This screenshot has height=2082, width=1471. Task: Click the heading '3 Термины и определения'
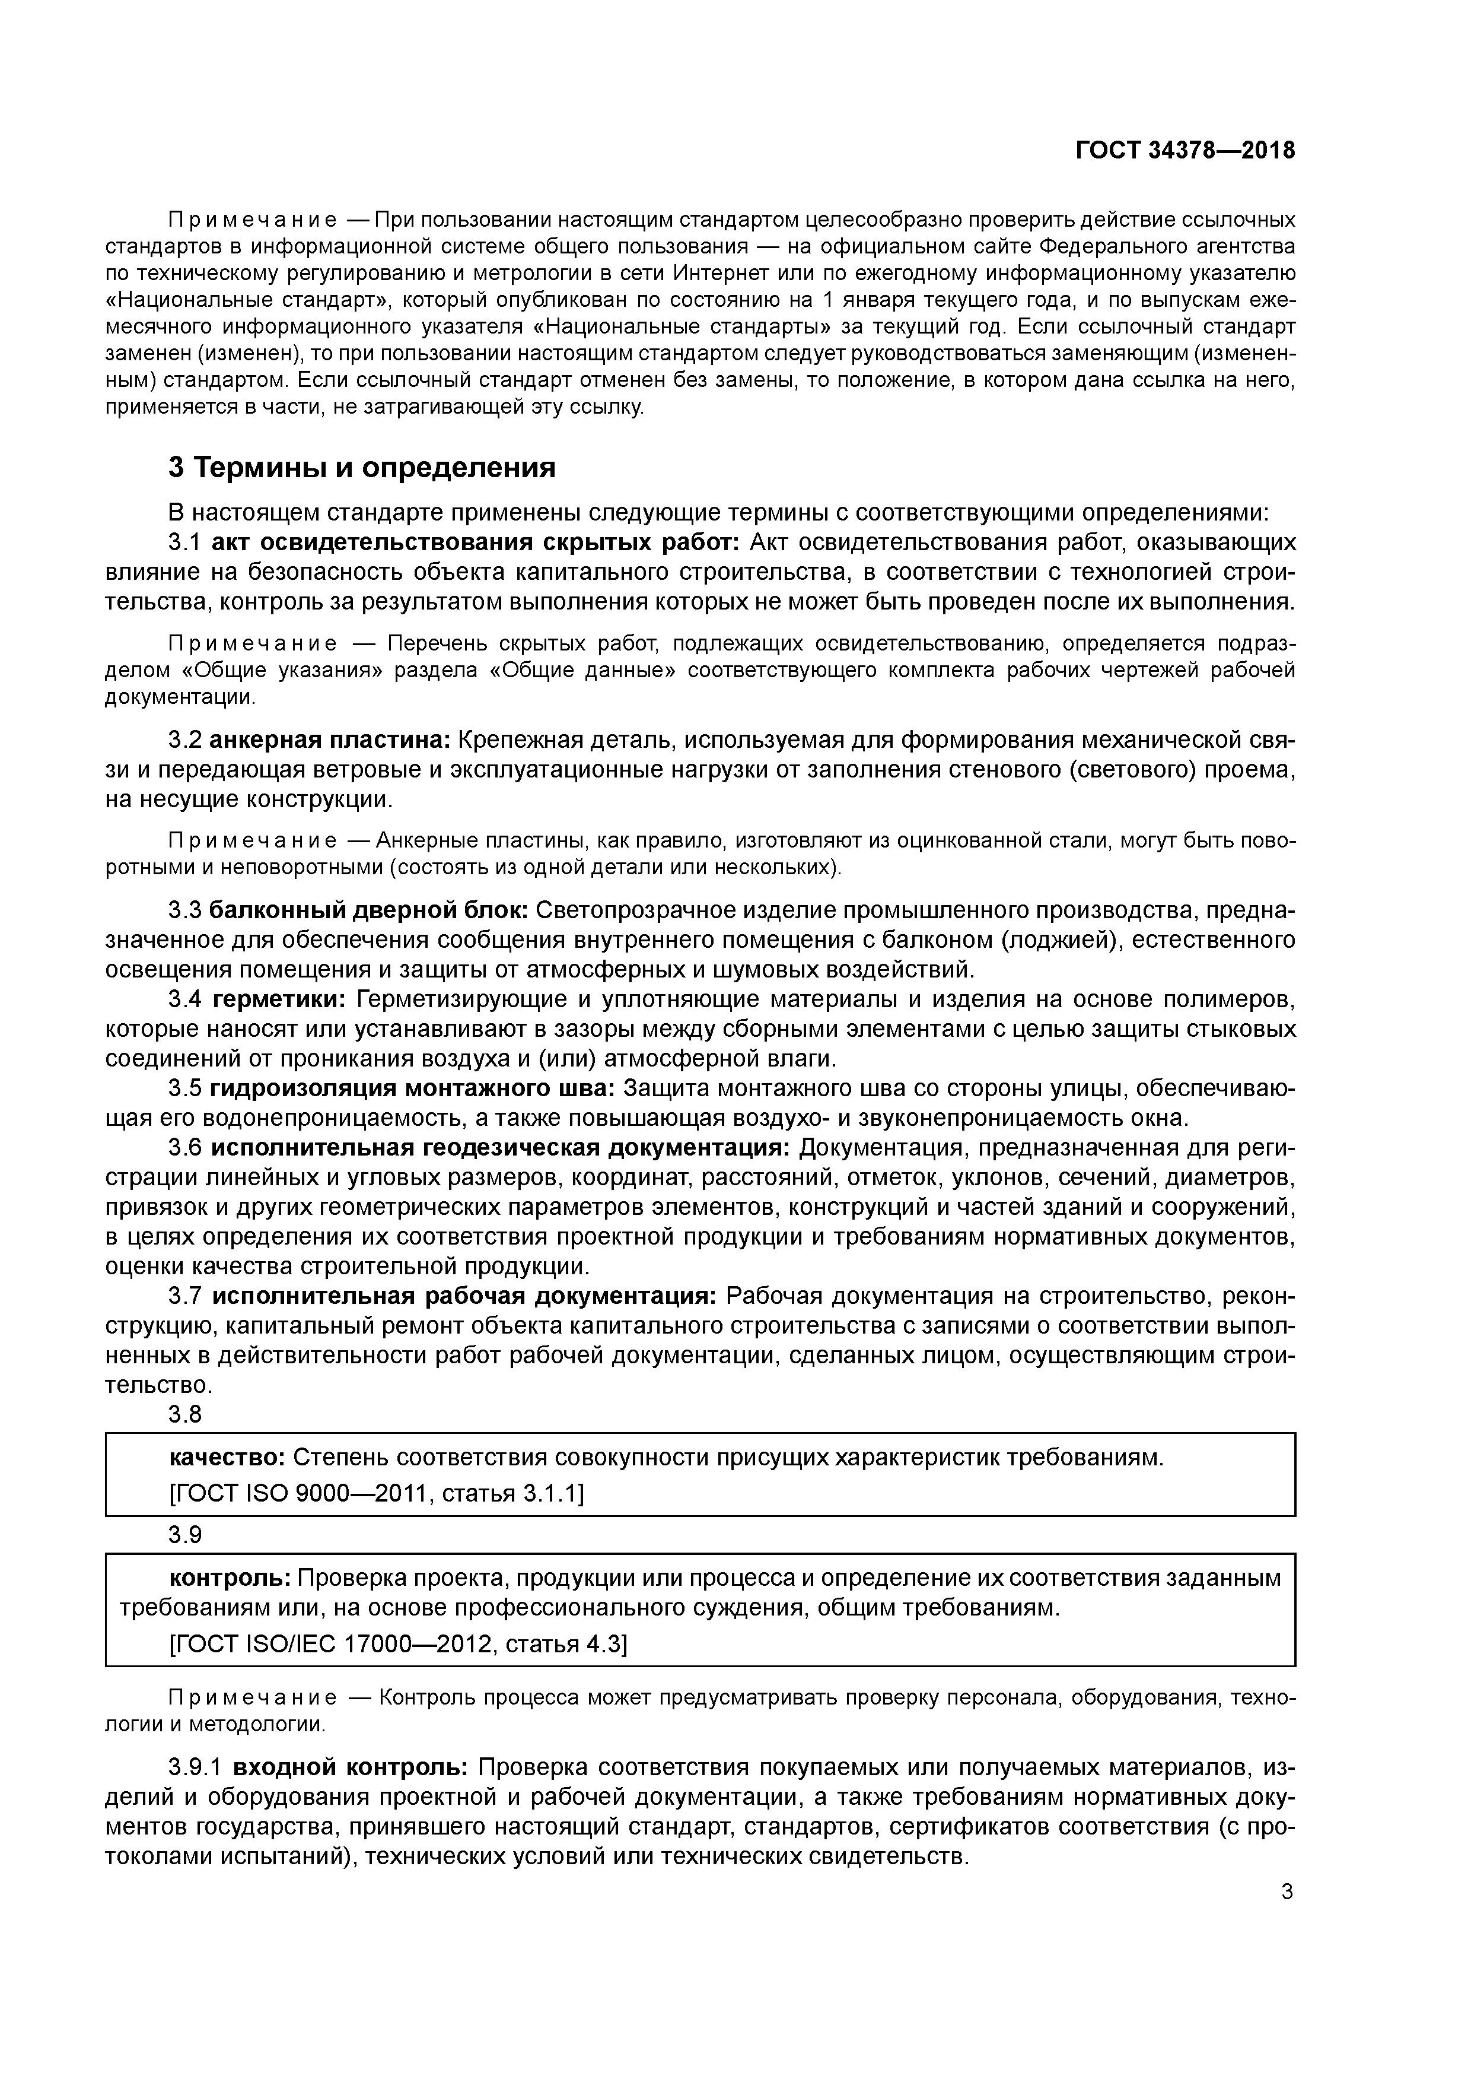coord(362,468)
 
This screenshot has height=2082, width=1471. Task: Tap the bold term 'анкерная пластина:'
coord(330,740)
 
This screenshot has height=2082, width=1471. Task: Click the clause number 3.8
coord(185,1414)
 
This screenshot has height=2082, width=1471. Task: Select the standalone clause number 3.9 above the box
coord(185,1534)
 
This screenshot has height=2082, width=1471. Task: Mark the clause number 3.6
coord(185,1148)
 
